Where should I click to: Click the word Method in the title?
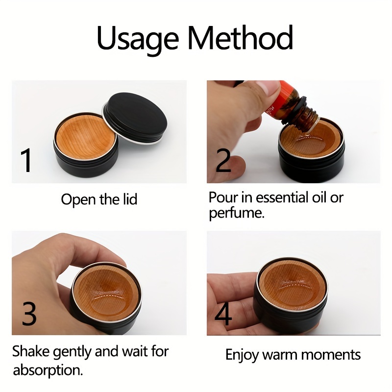tap(240, 37)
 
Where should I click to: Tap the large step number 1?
tap(26, 160)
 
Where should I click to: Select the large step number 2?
tap(223, 160)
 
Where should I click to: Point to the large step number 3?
tap(29, 313)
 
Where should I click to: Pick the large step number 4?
tap(223, 313)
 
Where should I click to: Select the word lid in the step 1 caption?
tap(130, 199)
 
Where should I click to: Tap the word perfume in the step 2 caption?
tap(237, 214)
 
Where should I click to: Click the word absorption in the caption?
tap(48, 370)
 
